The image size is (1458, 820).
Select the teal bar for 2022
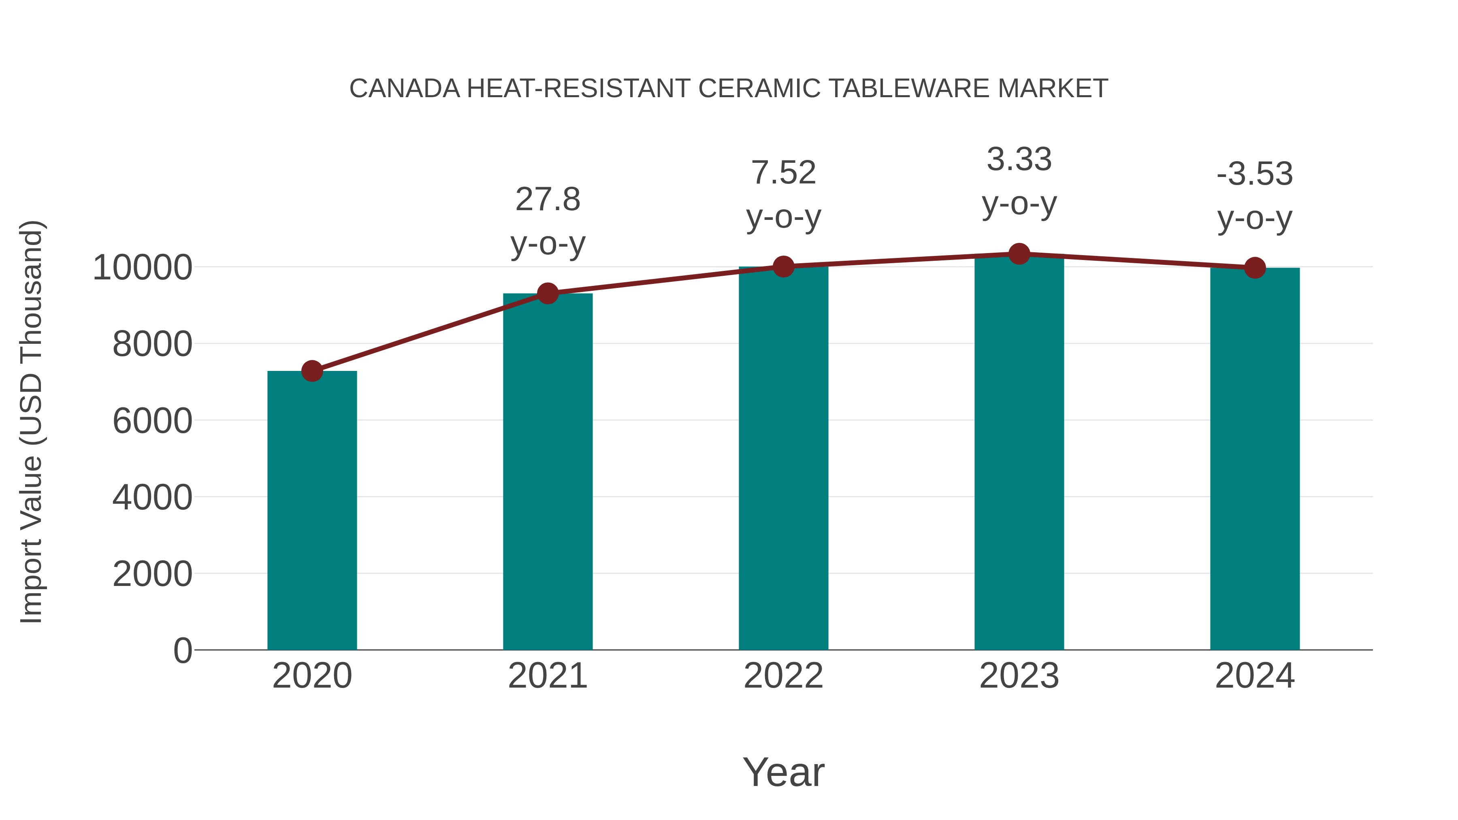pyautogui.click(x=783, y=458)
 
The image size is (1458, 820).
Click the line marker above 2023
pyautogui.click(x=1019, y=254)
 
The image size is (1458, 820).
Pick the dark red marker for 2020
pyautogui.click(x=312, y=371)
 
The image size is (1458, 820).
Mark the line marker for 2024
pyautogui.click(x=1255, y=268)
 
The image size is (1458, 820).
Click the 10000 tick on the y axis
pyautogui.click(x=143, y=268)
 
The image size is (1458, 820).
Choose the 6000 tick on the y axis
pyautogui.click(x=152, y=421)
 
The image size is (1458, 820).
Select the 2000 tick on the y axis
pyautogui.click(x=152, y=574)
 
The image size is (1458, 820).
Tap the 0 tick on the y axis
pyautogui.click(x=183, y=651)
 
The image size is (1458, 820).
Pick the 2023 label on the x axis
pyautogui.click(x=1019, y=676)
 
